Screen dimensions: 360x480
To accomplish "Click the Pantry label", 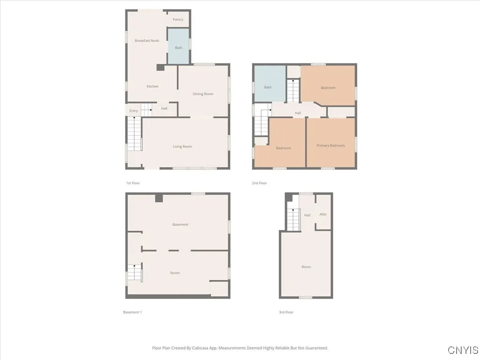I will coord(178,20).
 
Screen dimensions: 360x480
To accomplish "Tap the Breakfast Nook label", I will coord(147,41).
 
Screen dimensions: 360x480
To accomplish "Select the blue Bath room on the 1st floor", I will coord(179,47).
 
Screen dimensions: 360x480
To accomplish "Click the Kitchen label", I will coord(152,86).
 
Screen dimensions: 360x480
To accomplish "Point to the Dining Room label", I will coord(203,94).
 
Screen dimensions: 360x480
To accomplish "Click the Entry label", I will coord(134,111).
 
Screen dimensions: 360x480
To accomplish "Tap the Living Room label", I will coord(182,147).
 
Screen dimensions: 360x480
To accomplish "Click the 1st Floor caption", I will coord(133,183).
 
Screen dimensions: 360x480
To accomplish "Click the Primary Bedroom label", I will coord(330,146).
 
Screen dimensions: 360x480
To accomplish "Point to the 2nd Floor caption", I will coord(259,183).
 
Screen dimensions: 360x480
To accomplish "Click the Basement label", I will coord(180,225).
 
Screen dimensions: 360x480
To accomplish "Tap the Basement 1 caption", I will coord(132,312).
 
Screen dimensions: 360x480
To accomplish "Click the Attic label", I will coord(323,214).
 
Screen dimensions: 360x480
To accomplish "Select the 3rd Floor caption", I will coord(286,312).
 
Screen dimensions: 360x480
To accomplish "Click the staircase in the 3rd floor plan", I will coord(293,219).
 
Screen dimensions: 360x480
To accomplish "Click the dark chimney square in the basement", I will coord(159,198).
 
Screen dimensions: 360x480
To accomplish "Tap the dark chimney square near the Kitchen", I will coord(160,67).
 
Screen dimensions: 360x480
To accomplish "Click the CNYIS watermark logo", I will coord(463,350).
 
